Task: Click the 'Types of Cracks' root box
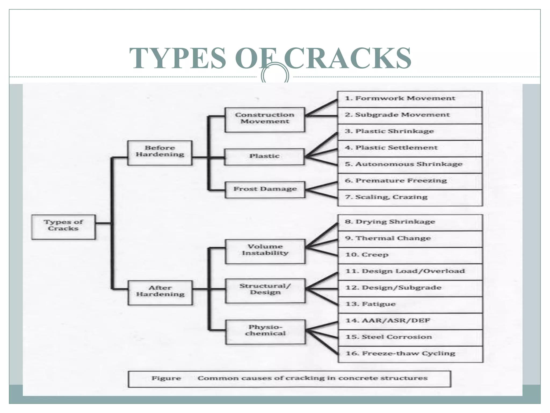[63, 227]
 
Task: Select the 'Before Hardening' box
[160, 152]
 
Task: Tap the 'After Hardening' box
[160, 293]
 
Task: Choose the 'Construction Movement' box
[265, 119]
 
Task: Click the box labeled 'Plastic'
[265, 156]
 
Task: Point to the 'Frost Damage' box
[265, 190]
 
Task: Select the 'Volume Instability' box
[265, 251]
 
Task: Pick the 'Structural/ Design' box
[265, 290]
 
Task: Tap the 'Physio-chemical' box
[265, 332]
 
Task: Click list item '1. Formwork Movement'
[400, 99]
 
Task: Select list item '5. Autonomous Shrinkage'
[404, 165]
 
